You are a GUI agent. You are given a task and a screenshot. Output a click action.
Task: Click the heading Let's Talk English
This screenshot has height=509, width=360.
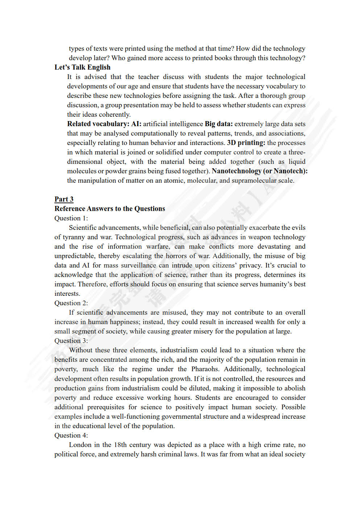(82, 67)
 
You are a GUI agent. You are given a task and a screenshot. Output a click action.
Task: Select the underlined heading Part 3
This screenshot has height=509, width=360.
(64, 199)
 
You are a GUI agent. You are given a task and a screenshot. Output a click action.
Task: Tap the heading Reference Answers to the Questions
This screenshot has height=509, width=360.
(109, 209)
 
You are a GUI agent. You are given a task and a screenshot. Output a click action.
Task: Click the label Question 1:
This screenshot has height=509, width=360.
(71, 218)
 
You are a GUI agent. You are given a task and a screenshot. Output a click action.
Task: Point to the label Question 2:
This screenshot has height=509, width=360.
(71, 303)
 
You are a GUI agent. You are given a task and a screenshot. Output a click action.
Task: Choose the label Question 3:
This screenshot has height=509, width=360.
(71, 341)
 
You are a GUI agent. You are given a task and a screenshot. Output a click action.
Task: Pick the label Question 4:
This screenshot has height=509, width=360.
(71, 435)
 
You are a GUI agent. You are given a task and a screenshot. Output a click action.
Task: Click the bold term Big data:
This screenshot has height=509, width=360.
(219, 124)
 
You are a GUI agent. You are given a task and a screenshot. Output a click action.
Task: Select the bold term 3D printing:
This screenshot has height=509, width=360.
(246, 143)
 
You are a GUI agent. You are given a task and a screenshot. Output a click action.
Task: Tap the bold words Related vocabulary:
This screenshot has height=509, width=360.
(98, 124)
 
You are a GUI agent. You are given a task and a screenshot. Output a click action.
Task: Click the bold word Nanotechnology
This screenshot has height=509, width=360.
(236, 171)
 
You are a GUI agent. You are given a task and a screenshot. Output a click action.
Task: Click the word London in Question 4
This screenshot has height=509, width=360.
(80, 445)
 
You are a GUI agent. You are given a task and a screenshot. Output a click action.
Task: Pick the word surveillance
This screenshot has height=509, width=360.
(138, 265)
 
